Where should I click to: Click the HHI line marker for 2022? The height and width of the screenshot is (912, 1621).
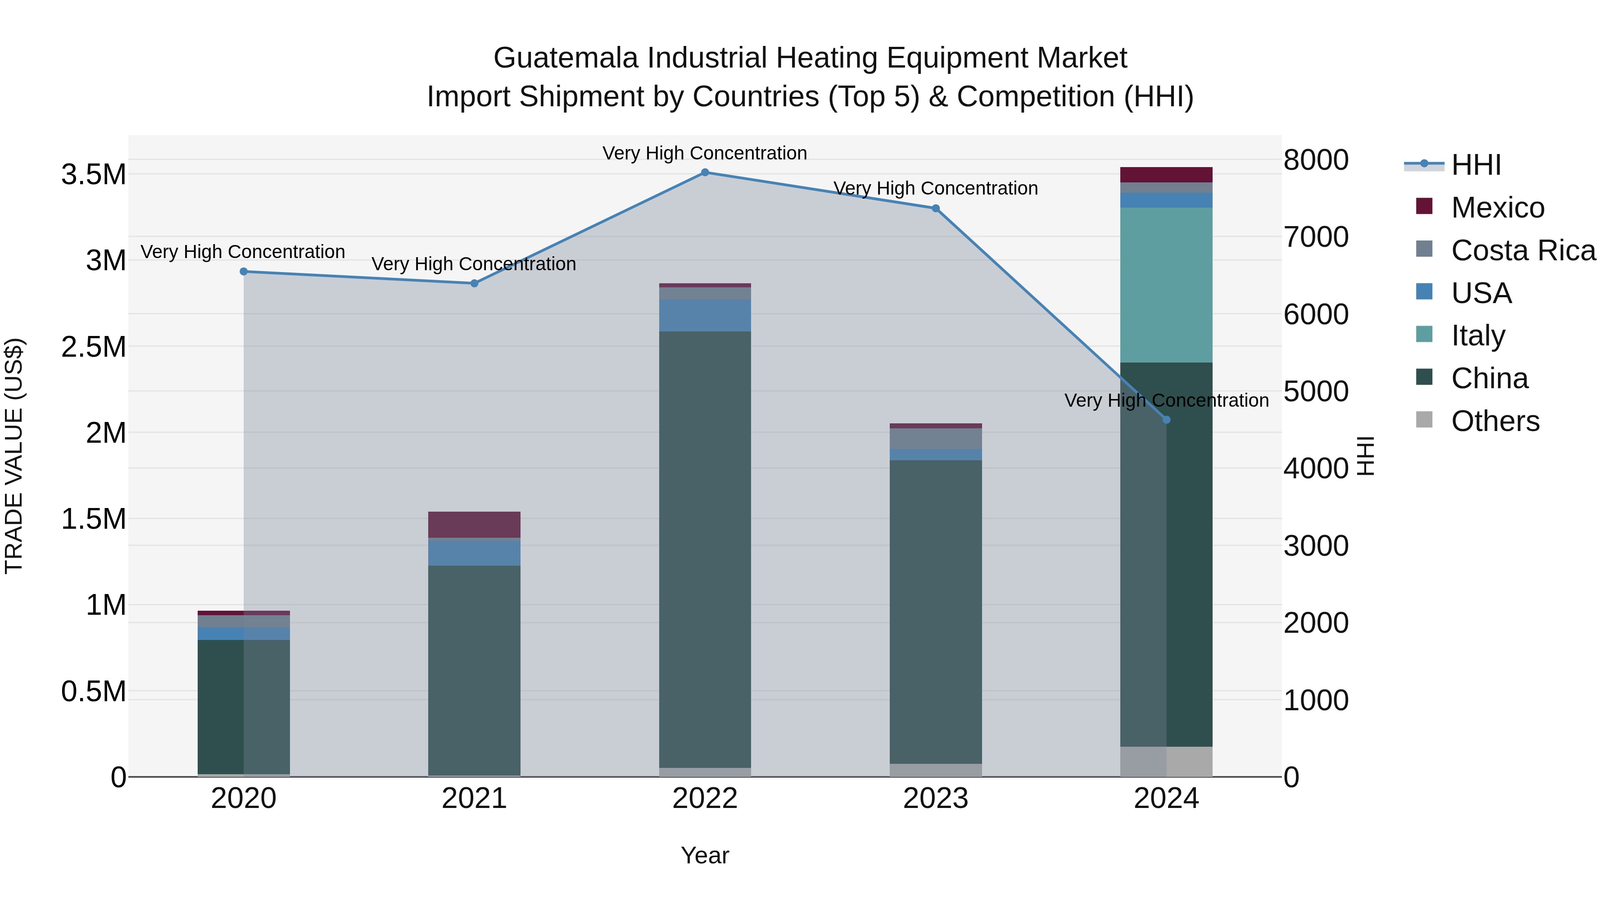tap(705, 172)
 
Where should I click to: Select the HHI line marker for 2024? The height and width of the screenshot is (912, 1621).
tap(1166, 420)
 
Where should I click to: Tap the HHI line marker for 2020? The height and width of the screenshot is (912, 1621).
tap(244, 272)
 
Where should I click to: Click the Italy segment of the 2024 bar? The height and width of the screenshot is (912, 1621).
tap(1166, 285)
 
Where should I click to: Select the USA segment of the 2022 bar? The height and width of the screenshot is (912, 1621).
tap(705, 315)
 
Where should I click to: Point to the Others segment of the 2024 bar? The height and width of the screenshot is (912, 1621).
tap(1166, 761)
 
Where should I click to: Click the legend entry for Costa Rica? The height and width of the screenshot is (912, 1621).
tap(1523, 250)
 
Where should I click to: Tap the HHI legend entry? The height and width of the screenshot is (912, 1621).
tap(1476, 165)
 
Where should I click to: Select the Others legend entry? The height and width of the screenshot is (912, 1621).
tap(1494, 421)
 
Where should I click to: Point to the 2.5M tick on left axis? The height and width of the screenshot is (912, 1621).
tap(94, 347)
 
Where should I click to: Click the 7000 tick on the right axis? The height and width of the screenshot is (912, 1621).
tap(1316, 237)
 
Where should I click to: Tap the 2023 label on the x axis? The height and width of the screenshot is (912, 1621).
tap(935, 799)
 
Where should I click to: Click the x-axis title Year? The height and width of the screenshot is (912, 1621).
tap(705, 855)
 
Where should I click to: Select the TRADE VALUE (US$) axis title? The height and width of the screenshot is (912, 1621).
tap(14, 456)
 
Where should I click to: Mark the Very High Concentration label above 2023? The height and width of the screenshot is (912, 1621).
tap(935, 188)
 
